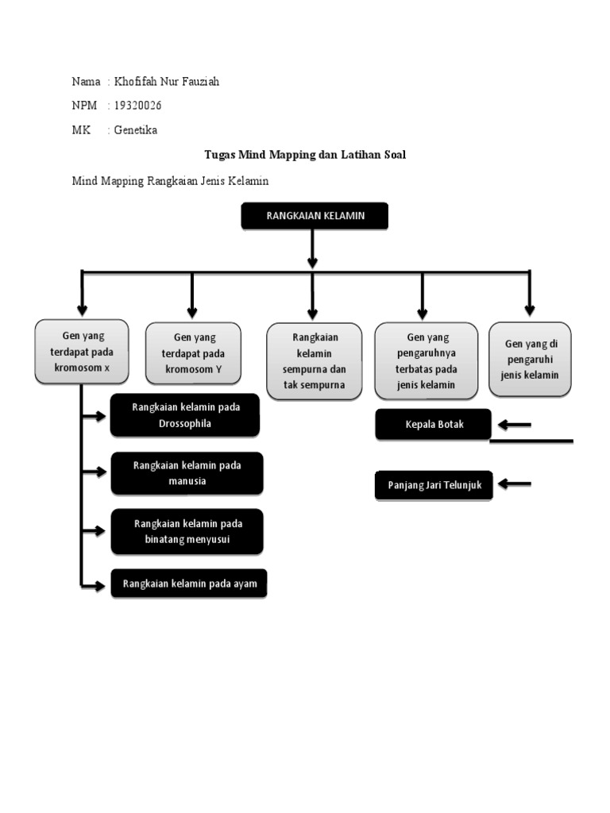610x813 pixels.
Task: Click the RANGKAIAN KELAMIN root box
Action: (315, 216)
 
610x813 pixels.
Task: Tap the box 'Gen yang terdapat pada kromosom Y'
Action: (193, 353)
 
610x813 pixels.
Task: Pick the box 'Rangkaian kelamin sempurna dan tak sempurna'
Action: (314, 360)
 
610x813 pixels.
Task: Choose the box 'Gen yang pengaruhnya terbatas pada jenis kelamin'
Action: (426, 360)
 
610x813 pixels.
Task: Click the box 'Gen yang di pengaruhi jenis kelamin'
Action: (529, 359)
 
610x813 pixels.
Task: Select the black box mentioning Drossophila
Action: (185, 415)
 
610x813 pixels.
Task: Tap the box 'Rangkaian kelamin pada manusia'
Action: (187, 473)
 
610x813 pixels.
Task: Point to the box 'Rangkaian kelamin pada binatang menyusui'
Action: (187, 531)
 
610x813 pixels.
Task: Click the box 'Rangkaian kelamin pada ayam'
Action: (189, 584)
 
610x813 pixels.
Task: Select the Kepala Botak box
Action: (433, 424)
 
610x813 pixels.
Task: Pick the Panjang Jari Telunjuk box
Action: (434, 484)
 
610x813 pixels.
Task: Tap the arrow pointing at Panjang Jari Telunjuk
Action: (514, 484)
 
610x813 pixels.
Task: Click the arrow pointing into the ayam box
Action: (95, 586)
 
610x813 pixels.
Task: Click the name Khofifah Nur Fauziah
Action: (166, 81)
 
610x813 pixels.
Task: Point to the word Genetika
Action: (136, 130)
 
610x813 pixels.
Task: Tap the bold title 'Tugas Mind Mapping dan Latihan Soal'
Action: (305, 155)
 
